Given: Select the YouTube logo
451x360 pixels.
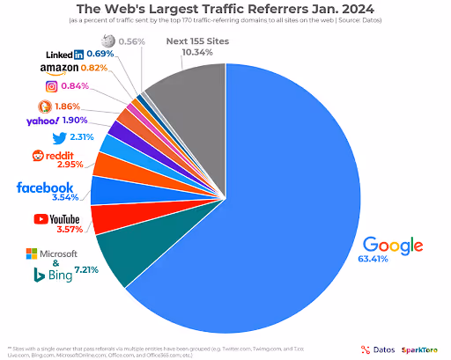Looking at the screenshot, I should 58,218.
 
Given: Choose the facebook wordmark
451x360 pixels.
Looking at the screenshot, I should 45,187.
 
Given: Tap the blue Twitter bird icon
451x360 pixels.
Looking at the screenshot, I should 61,138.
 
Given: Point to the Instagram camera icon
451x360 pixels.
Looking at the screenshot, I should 53,86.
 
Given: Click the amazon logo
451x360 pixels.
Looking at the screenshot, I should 60,68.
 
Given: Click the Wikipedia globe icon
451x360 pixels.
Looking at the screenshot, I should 108,40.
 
